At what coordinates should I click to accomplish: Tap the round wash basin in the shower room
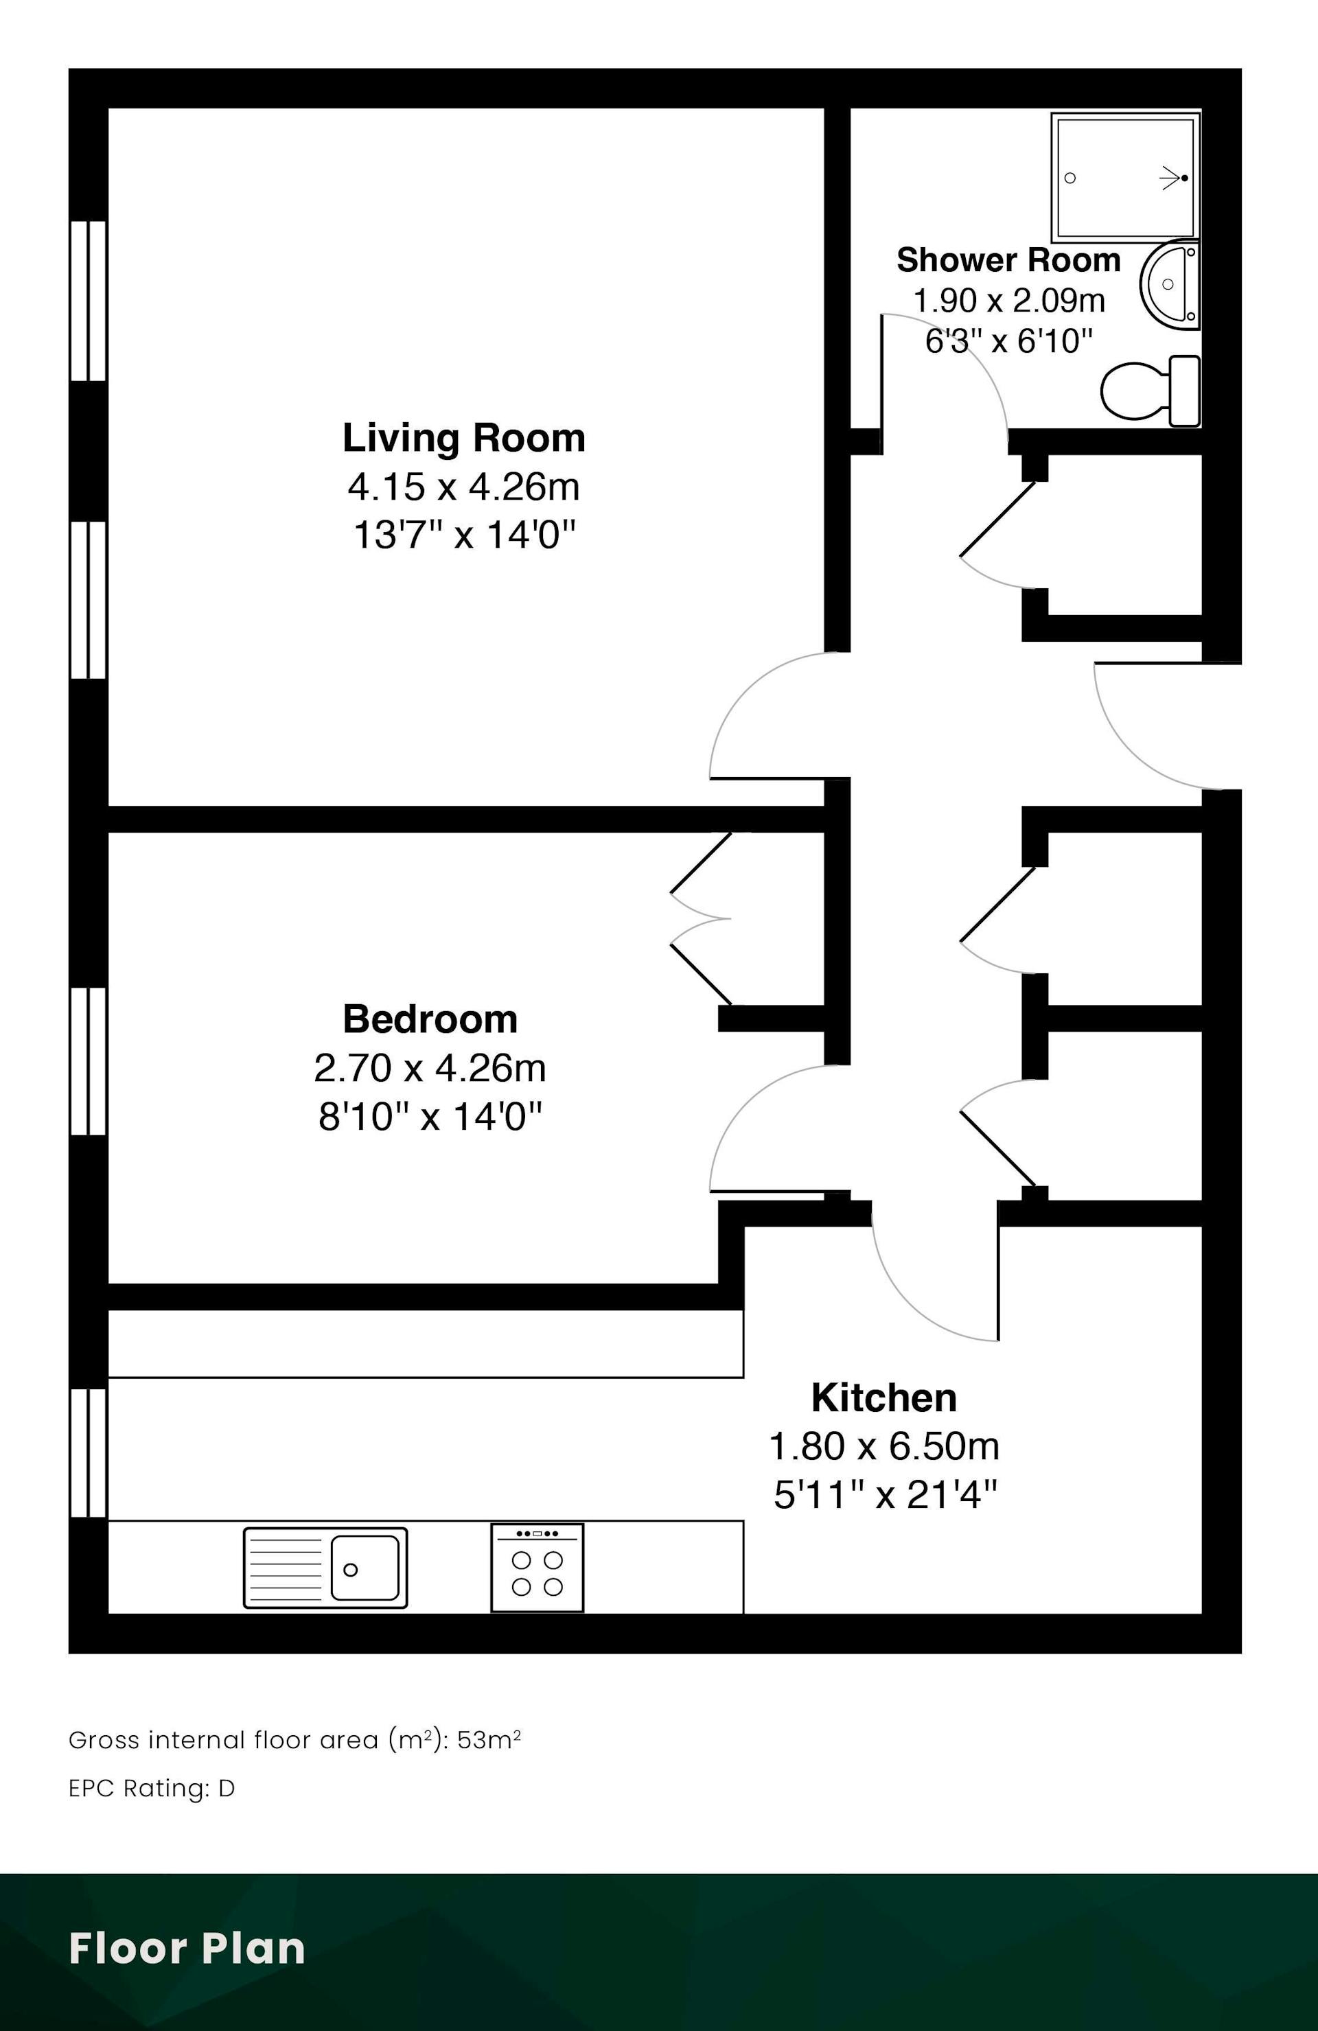(x=1170, y=284)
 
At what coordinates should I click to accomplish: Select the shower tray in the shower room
(x=1125, y=176)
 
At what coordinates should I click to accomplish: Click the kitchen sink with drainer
(x=325, y=1568)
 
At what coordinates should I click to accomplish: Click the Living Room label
(x=464, y=438)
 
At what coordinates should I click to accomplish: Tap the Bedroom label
(x=430, y=1019)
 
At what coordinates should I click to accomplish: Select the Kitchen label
(x=883, y=1397)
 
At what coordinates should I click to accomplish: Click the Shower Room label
(x=1008, y=259)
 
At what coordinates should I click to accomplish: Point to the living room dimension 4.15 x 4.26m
(x=463, y=487)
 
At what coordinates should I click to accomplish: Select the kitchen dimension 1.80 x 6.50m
(x=883, y=1446)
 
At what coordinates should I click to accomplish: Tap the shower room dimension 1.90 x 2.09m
(x=1009, y=301)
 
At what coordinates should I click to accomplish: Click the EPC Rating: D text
(x=151, y=1788)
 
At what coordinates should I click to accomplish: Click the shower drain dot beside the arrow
(x=1185, y=178)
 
